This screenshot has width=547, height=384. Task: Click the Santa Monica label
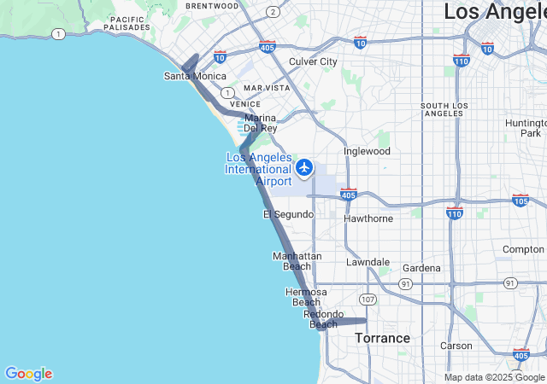[x=196, y=76]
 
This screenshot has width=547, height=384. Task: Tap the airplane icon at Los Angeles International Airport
[x=304, y=168]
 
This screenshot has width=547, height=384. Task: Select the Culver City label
[x=313, y=61]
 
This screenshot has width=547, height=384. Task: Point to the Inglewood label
[x=367, y=151]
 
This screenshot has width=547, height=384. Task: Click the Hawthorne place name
[x=368, y=218]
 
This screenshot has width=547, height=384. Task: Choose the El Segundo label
[x=288, y=214]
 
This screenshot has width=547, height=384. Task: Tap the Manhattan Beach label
[x=297, y=261]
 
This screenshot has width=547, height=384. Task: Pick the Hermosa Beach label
[x=306, y=297]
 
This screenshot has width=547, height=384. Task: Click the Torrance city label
[x=382, y=338]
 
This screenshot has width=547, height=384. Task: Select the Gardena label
[x=421, y=268]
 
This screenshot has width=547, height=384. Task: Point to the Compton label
[x=523, y=249]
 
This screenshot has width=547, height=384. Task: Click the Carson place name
[x=456, y=346]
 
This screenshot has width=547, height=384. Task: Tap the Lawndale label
[x=368, y=262]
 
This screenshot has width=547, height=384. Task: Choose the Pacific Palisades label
[x=128, y=24]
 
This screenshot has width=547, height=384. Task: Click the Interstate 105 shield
[x=521, y=200]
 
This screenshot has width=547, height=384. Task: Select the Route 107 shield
[x=368, y=300]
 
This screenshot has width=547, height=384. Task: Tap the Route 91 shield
[x=510, y=282]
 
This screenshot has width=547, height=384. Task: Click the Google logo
[x=28, y=374]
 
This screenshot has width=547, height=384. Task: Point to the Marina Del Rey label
[x=261, y=123]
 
